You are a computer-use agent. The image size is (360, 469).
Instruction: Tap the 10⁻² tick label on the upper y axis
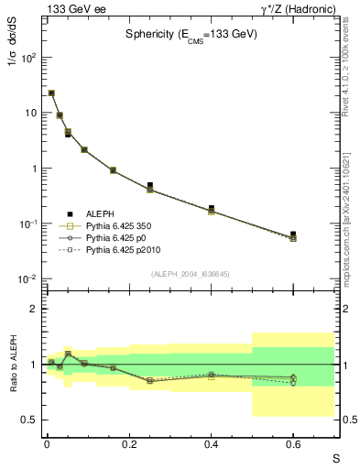(27, 279)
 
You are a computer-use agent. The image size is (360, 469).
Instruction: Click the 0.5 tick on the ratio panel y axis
(28, 420)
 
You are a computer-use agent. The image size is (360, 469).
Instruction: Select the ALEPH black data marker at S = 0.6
(293, 234)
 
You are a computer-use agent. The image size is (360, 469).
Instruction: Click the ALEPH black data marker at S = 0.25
(149, 185)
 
